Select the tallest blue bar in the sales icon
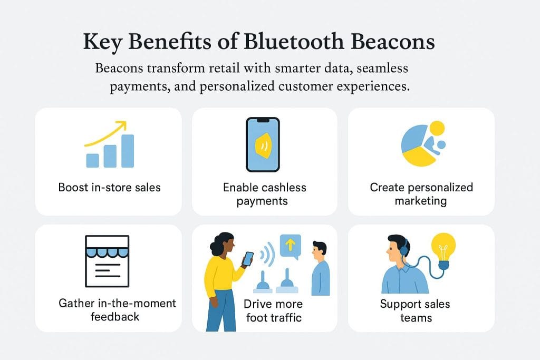click(x=127, y=150)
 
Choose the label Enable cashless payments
click(x=264, y=194)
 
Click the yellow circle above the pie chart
click(x=437, y=128)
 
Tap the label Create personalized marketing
click(x=421, y=194)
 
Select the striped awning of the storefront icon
click(x=107, y=250)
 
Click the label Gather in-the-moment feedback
click(x=117, y=310)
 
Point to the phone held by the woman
click(x=247, y=258)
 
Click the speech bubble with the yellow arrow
click(x=290, y=246)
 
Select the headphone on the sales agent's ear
click(x=404, y=248)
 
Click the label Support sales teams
click(x=415, y=310)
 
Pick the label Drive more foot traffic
click(x=273, y=310)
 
